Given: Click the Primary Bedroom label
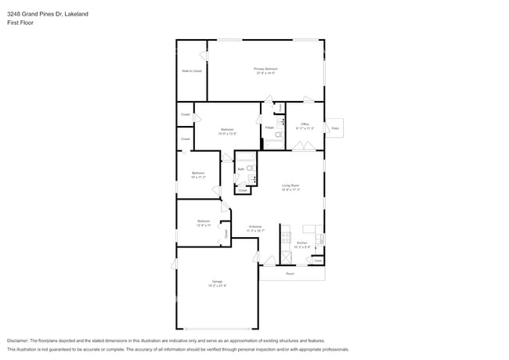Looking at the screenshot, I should click(x=265, y=70).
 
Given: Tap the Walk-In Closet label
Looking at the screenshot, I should click(x=191, y=71).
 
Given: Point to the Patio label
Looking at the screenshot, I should click(x=335, y=128).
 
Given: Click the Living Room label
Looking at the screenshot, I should click(x=291, y=186).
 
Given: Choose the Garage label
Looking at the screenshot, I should click(x=216, y=282).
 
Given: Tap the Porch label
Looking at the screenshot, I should click(x=290, y=274).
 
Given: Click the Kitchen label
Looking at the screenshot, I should click(x=302, y=244).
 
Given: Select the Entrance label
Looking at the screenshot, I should click(x=255, y=228).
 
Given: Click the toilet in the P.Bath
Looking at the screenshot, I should click(x=275, y=134).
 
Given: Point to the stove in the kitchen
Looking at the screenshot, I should click(x=287, y=235).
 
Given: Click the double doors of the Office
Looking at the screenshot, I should click(x=305, y=147).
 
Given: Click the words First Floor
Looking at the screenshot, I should click(x=20, y=23).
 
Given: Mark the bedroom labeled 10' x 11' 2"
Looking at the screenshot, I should click(x=198, y=174).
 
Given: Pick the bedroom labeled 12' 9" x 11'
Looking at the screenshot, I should click(x=204, y=222).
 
